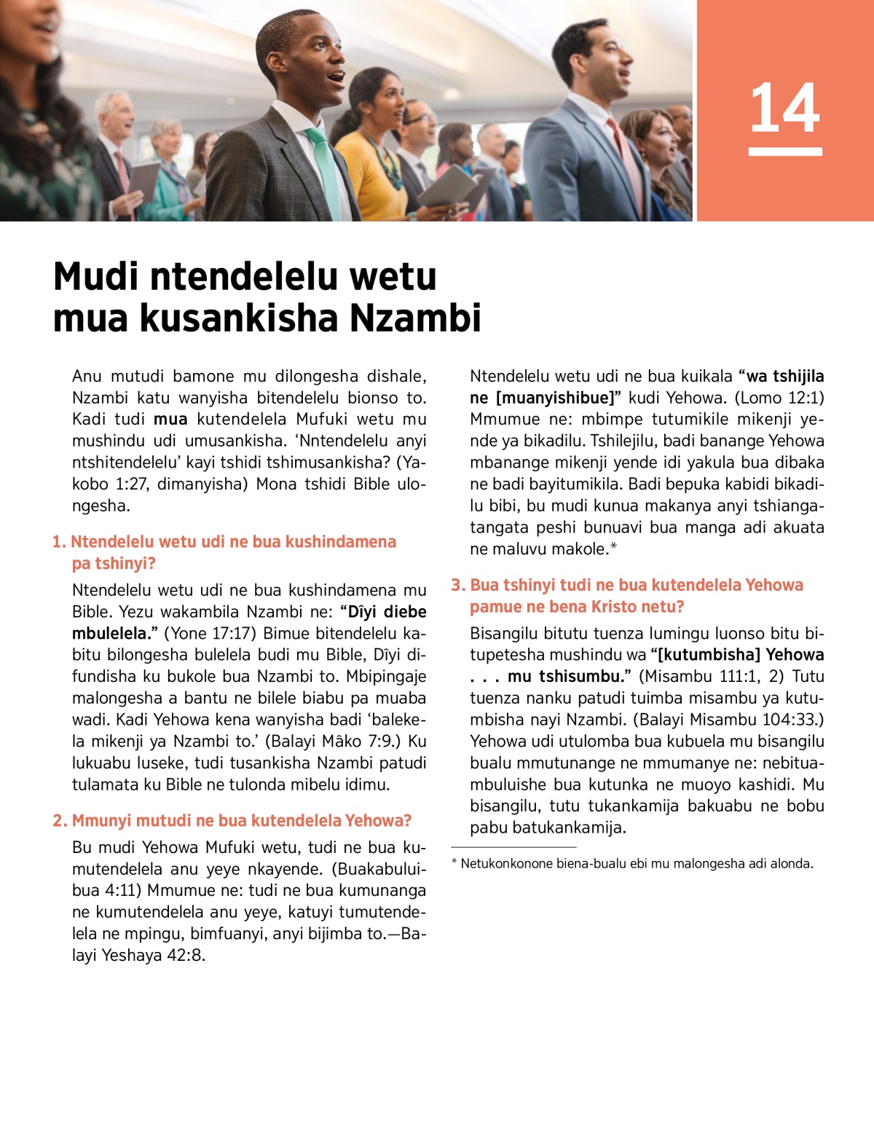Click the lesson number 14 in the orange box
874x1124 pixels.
click(x=785, y=109)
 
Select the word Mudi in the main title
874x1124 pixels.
click(x=95, y=277)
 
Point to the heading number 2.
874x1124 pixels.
click(x=59, y=821)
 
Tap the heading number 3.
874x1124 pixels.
click(x=457, y=585)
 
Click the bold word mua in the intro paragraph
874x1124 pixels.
click(x=170, y=420)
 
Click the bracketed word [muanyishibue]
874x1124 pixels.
click(x=556, y=398)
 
